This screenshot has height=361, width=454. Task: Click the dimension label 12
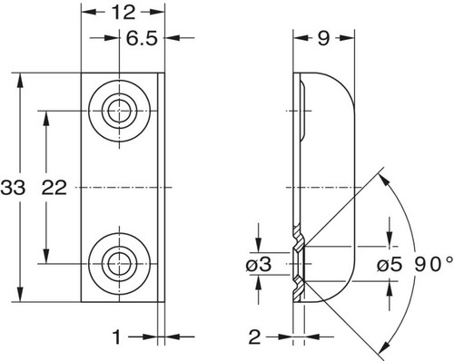click(123, 13)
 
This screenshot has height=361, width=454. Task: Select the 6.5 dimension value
click(142, 38)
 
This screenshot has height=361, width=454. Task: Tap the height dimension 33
click(13, 188)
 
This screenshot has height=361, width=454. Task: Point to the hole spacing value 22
click(54, 188)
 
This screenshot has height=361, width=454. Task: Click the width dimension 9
click(323, 38)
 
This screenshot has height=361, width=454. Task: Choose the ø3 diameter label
click(259, 265)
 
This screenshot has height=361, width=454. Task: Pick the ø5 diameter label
click(390, 265)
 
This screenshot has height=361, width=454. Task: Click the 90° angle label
click(434, 265)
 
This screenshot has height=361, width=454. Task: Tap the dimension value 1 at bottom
click(117, 337)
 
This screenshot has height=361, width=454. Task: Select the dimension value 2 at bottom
click(254, 337)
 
